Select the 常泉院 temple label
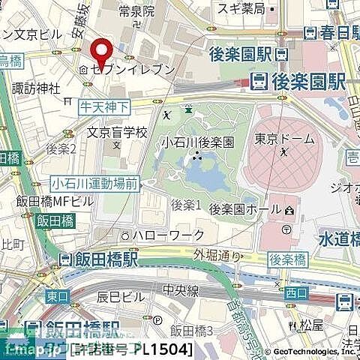[x=136, y=12]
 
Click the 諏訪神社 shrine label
[x=35, y=88]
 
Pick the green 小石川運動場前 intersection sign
[x=94, y=181]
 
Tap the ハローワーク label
[x=168, y=235]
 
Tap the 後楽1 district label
[x=186, y=204]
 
